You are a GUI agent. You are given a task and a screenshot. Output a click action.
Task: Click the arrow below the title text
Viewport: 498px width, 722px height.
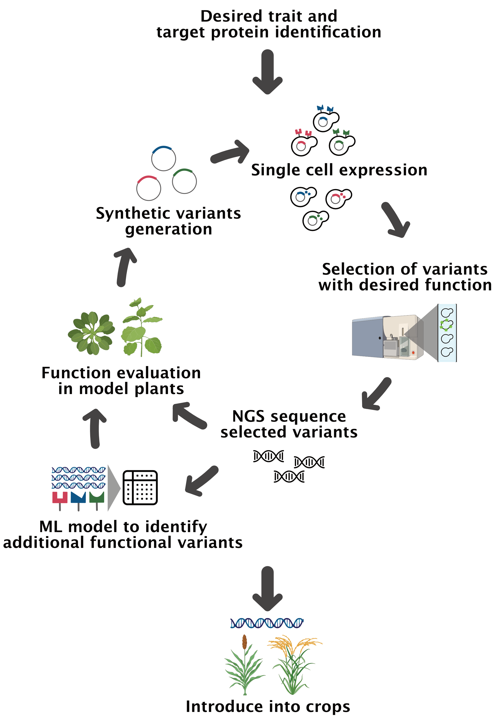[x=267, y=72]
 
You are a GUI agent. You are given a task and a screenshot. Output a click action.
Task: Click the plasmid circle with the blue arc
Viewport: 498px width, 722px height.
[x=164, y=158]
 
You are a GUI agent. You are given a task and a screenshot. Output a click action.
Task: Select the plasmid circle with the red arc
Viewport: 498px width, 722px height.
[x=149, y=188]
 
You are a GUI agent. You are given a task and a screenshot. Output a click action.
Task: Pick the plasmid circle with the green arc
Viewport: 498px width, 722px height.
[x=184, y=181]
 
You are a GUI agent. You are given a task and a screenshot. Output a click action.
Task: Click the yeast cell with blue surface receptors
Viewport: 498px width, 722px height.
[x=325, y=120]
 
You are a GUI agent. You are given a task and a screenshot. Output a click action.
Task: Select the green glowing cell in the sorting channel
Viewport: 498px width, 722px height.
[x=446, y=325]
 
